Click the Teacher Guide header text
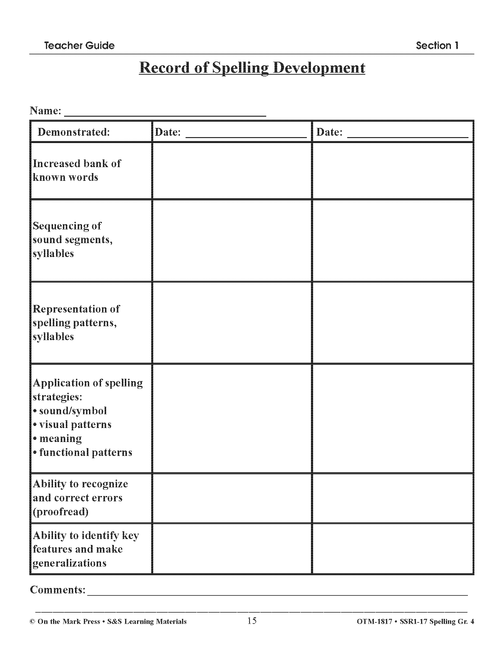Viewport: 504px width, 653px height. pyautogui.click(x=79, y=45)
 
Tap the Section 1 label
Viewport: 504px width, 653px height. pyautogui.click(x=437, y=45)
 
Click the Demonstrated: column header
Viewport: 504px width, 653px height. pyautogui.click(x=74, y=132)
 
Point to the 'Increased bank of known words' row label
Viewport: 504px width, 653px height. pyautogui.click(x=77, y=170)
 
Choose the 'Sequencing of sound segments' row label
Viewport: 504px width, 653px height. pyautogui.click(x=73, y=240)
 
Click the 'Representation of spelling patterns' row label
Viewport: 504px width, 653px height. pyautogui.click(x=76, y=323)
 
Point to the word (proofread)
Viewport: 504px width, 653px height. pyautogui.click(x=60, y=512)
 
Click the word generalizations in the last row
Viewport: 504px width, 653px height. pyautogui.click(x=70, y=563)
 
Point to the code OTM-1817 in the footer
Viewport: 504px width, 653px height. pyautogui.click(x=374, y=622)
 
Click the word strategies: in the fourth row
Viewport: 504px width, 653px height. pyautogui.click(x=57, y=397)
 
